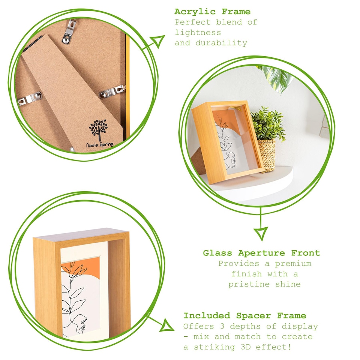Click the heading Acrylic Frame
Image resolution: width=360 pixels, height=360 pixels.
tap(212, 12)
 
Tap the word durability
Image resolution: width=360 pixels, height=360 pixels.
tap(221, 43)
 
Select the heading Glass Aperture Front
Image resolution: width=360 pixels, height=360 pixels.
tap(261, 253)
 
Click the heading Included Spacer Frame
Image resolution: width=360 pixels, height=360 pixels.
tap(244, 316)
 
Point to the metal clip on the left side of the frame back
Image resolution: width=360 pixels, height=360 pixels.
tap(30, 100)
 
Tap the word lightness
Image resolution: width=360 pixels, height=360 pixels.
tap(198, 33)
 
